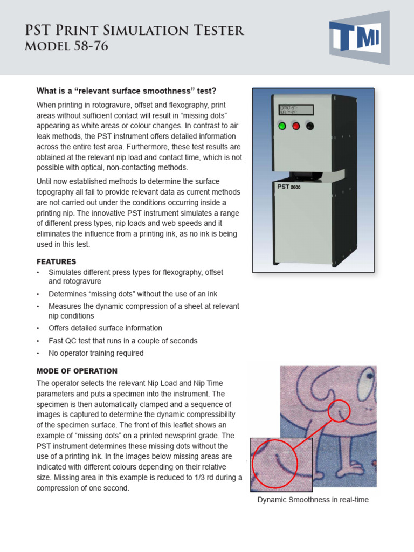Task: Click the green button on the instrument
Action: click(x=281, y=126)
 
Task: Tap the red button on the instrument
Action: click(x=295, y=126)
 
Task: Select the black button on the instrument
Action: click(x=309, y=126)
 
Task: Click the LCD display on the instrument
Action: click(x=295, y=109)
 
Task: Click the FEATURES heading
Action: click(x=56, y=261)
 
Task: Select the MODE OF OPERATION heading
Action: click(x=77, y=371)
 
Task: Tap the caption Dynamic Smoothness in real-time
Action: click(x=313, y=500)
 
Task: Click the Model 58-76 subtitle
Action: click(x=66, y=46)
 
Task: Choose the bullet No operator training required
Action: click(x=96, y=353)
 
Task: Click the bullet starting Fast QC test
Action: click(x=123, y=341)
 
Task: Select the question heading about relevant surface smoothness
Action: click(x=129, y=90)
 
